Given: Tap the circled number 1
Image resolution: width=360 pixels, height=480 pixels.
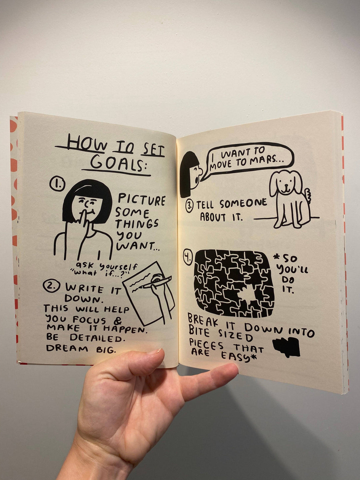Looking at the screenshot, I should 57,184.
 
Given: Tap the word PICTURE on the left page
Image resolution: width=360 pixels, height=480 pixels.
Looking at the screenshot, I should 142,200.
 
